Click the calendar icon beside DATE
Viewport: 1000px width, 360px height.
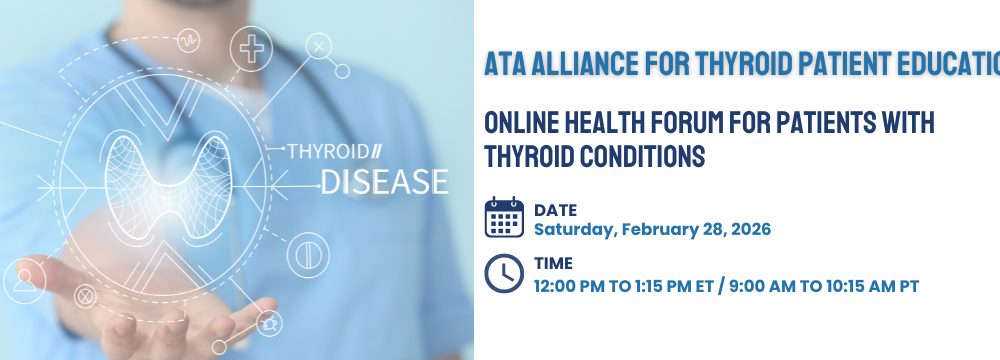(504, 217)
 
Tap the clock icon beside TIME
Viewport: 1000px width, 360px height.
(504, 274)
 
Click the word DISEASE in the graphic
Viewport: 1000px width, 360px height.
(385, 182)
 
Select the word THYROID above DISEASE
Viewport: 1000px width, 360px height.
(328, 152)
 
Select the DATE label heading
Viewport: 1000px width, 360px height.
(555, 210)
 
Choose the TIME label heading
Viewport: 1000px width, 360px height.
(554, 263)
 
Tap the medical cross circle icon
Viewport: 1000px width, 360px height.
(251, 49)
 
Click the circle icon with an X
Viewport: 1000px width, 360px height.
(319, 46)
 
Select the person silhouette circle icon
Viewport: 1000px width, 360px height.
(25, 280)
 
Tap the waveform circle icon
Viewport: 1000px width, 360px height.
(188, 41)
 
